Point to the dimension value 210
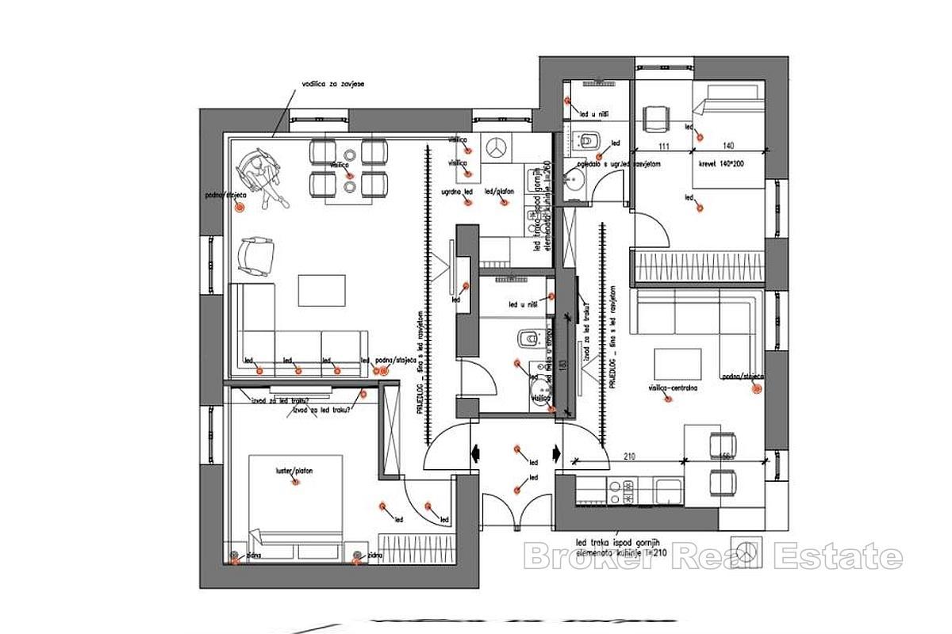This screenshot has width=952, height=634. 631,456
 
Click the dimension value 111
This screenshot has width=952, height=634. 664,146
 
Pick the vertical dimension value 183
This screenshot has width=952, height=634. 561,365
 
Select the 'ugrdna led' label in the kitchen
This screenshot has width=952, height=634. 457,192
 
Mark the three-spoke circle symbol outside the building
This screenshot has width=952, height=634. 745,549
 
